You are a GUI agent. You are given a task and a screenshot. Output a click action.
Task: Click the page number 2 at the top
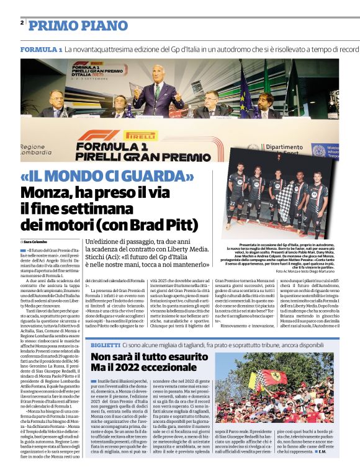click(22, 23)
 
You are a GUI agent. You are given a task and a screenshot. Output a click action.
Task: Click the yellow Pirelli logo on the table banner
click(142, 135)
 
